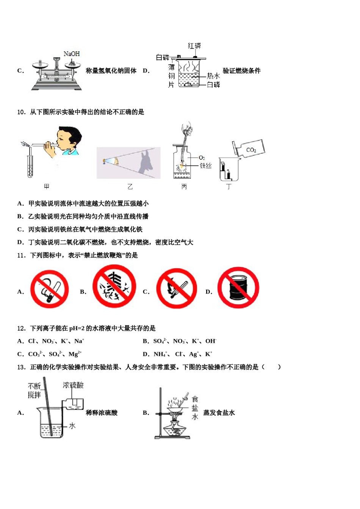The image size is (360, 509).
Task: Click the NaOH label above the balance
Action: [72, 54]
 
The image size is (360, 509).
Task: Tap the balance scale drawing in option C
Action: [56, 74]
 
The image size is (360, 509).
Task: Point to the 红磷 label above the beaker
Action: [194, 46]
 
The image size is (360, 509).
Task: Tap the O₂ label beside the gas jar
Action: [202, 158]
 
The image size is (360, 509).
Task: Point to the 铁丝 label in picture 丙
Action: [205, 166]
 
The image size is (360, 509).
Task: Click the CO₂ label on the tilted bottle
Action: [251, 150]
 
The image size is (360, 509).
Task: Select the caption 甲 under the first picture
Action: [47, 186]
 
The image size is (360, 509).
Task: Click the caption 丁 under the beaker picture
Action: [229, 186]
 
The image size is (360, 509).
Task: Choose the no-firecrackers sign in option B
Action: [114, 286]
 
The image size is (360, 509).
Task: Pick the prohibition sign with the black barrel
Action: [238, 287]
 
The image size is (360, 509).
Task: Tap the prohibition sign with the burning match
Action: [177, 289]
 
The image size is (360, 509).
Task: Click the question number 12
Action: [22, 328]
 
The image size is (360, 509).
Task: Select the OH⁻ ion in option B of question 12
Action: [211, 341]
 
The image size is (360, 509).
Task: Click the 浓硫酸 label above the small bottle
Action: [73, 385]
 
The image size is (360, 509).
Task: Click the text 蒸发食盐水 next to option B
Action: [219, 413]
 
